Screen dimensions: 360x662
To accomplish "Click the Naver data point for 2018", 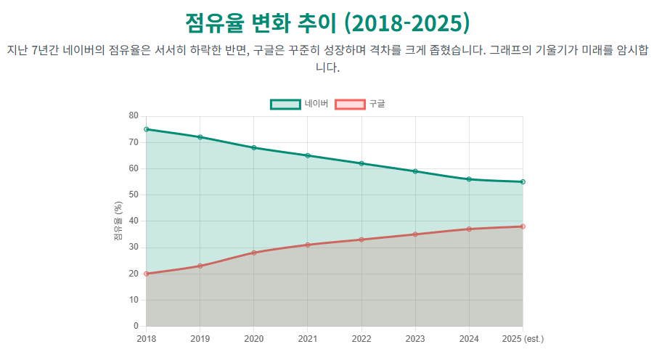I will (147, 129).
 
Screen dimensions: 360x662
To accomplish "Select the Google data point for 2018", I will (147, 274).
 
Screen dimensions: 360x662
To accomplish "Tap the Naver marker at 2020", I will (254, 147).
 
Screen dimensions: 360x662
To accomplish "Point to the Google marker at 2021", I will (308, 245).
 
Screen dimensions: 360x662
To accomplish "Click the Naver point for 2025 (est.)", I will (523, 181).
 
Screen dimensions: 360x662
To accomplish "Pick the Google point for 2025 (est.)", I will (523, 226).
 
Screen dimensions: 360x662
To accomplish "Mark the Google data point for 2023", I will (415, 234).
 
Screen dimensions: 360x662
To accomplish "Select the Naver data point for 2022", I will (361, 163).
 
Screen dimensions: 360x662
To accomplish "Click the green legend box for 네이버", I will (285, 104).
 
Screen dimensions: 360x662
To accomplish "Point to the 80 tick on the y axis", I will (133, 116).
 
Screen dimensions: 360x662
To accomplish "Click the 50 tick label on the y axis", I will (133, 195).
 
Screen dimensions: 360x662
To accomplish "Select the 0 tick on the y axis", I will (136, 326).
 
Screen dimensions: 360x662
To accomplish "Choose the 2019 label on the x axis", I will (200, 339).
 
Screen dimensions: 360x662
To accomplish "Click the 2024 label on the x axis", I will (469, 339).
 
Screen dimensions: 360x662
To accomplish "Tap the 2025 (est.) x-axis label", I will (523, 339).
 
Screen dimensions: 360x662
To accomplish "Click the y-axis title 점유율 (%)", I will (118, 221).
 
